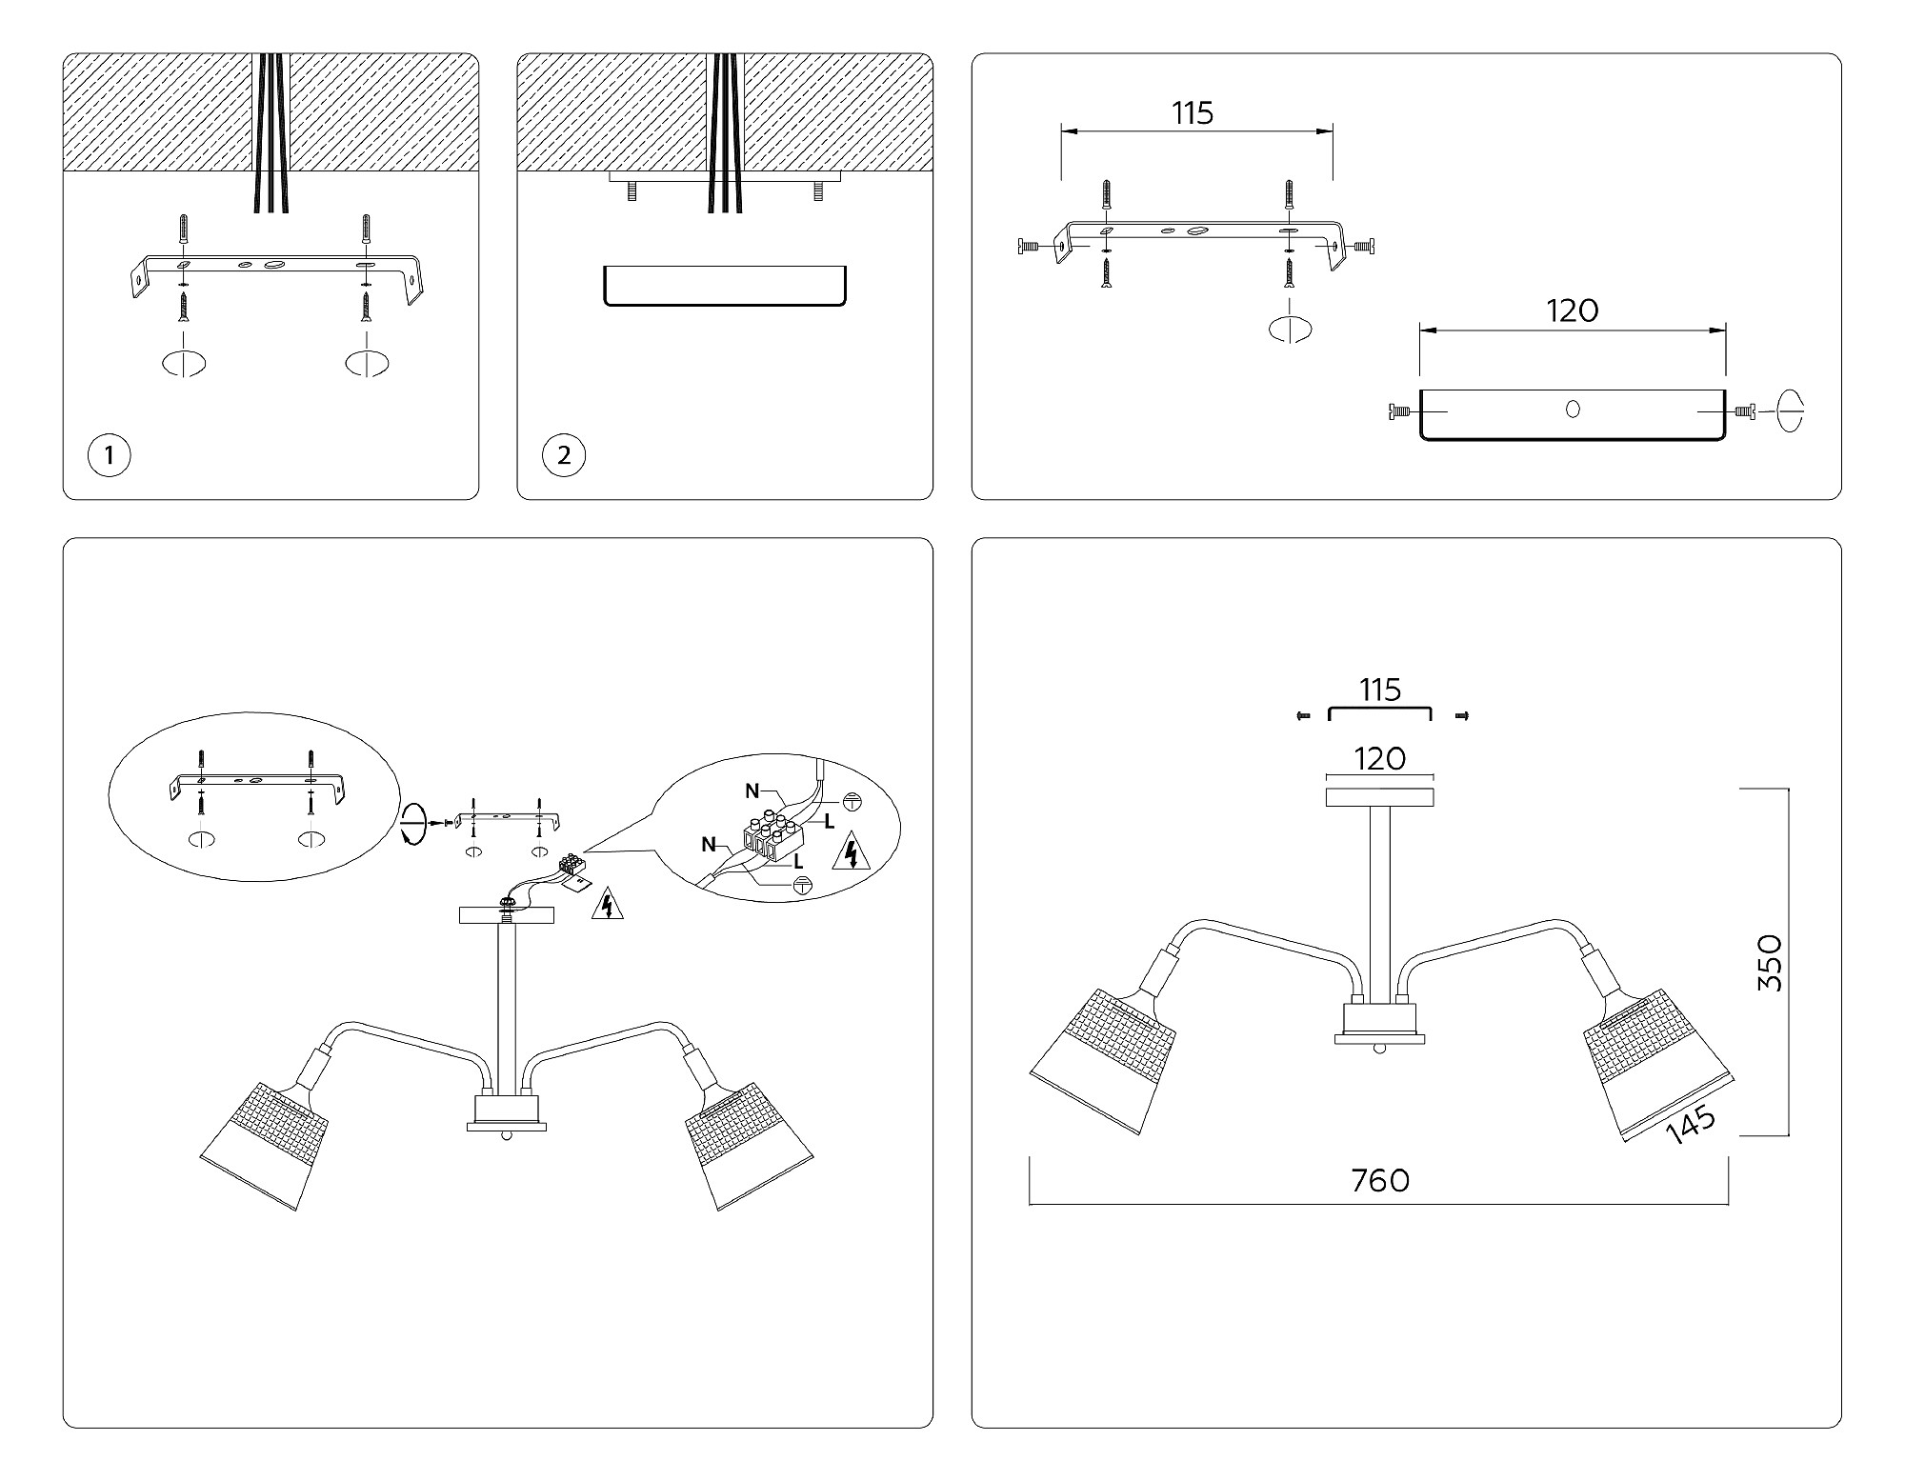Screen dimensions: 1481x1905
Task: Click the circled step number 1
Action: coord(110,455)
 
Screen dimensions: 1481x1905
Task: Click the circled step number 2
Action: coord(564,455)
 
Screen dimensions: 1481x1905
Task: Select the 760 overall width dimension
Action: coord(1380,1181)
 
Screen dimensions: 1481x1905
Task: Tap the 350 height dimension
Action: coord(1769,962)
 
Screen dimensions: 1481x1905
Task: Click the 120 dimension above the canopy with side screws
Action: coord(1573,310)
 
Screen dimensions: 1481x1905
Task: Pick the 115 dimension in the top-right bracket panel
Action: coord(1193,113)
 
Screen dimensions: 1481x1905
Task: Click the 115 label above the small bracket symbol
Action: coord(1380,690)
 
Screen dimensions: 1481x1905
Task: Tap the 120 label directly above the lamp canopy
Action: coord(1379,759)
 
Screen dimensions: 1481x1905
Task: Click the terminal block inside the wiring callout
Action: coord(773,837)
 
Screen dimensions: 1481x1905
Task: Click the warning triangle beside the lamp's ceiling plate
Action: coord(607,904)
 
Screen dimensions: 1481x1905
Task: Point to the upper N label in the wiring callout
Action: coord(752,791)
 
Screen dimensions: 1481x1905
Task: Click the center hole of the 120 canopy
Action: coord(1573,410)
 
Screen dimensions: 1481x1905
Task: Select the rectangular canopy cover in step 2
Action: coord(725,286)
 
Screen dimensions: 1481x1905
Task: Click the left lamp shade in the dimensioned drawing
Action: coord(1104,1061)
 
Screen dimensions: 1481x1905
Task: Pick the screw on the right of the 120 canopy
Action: coord(1744,411)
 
